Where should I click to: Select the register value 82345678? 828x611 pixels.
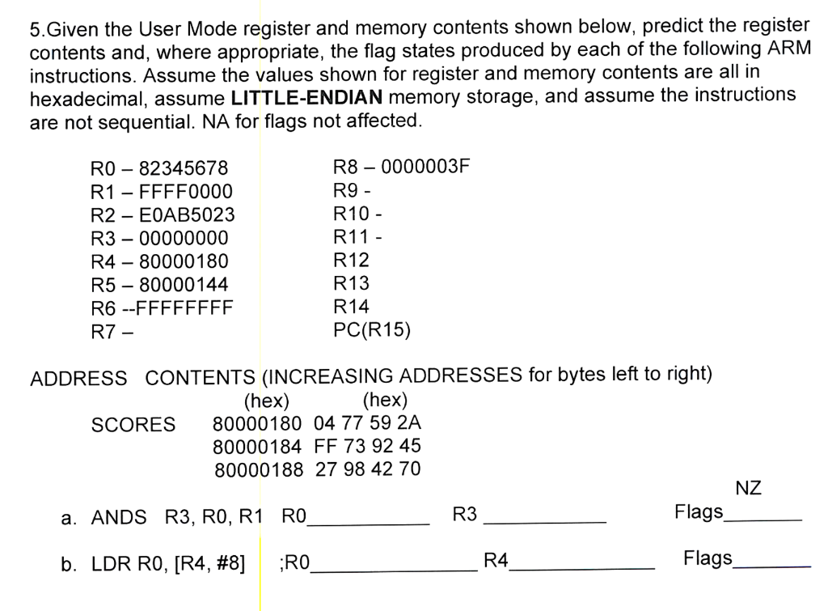click(184, 169)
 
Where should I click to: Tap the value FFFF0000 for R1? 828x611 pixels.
click(185, 192)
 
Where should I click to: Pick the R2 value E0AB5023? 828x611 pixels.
click(187, 215)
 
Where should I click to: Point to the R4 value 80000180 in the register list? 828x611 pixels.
click(184, 261)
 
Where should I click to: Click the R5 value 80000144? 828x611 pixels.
click(184, 285)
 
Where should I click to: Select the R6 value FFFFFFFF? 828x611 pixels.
click(188, 308)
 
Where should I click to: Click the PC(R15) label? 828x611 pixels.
click(372, 329)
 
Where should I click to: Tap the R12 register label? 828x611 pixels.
click(351, 261)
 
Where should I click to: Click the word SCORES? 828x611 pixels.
click(133, 425)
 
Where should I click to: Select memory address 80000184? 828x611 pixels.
click(257, 446)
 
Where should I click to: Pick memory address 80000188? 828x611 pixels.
click(259, 469)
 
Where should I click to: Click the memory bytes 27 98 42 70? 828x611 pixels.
click(368, 469)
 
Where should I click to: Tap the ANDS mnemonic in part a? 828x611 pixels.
click(119, 517)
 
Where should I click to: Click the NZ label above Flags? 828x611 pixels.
click(748, 488)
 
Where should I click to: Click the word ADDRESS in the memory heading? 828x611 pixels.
click(78, 379)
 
